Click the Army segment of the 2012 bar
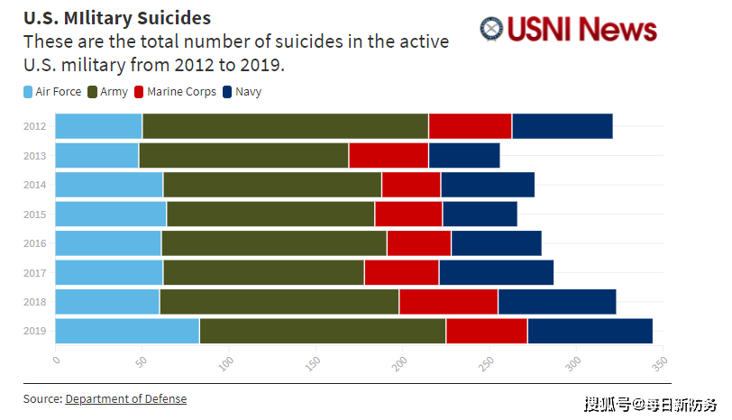285,126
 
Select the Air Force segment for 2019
127,331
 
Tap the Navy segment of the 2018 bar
557,302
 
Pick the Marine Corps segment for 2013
389,155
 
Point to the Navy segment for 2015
480,214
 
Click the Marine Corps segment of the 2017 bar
401,272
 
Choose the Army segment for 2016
274,243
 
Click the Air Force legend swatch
28,92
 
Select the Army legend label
114,92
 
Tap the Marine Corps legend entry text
182,92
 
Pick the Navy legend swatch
227,92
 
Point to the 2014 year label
35,185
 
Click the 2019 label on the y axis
35,331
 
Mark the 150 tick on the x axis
312,361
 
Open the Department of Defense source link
125,398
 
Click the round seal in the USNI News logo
492,29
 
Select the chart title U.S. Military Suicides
117,18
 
